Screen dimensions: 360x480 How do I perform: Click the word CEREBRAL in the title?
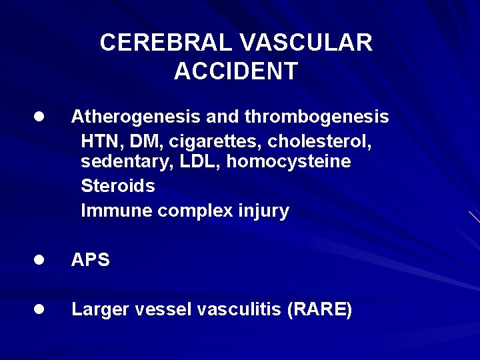[x=166, y=43]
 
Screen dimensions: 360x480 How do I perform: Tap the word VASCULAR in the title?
[x=305, y=43]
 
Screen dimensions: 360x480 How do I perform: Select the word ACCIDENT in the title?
[x=236, y=71]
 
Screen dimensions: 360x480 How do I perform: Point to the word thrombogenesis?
[x=317, y=117]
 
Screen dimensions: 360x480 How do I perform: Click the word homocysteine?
[x=289, y=162]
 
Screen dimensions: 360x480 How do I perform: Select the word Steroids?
[x=118, y=186]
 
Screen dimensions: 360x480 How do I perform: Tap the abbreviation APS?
[x=91, y=260]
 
